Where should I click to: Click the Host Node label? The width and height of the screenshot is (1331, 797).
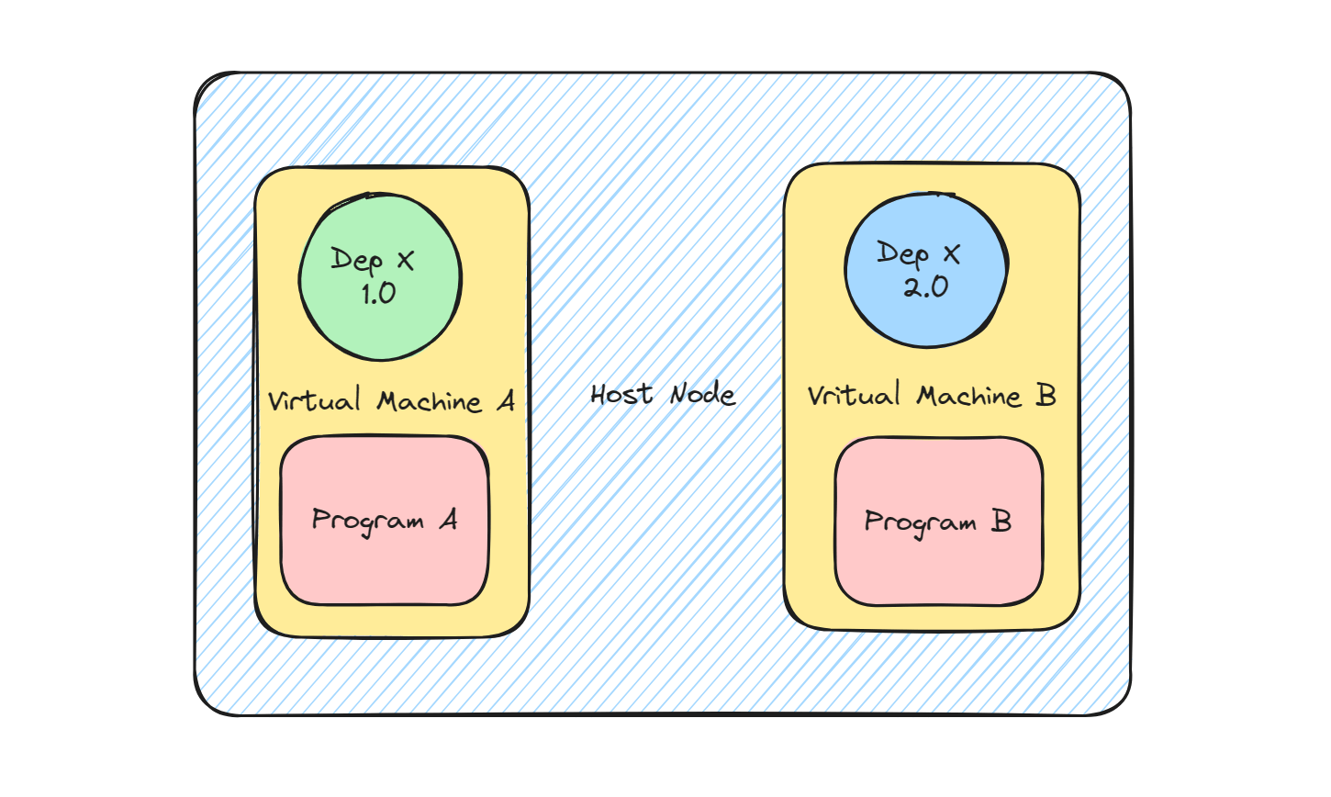point(663,395)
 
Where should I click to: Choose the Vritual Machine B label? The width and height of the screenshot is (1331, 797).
point(932,396)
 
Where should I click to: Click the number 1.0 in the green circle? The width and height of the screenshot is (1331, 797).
point(378,294)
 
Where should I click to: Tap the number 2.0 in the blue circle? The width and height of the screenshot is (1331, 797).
point(925,287)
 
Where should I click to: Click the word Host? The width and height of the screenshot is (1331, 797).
point(621,395)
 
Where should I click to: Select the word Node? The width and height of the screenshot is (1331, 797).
point(703,395)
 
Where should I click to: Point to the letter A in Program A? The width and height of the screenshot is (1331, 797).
point(448,520)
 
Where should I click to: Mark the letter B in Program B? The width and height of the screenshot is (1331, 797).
point(1001,522)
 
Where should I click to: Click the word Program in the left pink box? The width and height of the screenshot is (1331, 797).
point(367,522)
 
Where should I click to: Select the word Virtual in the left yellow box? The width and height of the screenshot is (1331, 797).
point(315,401)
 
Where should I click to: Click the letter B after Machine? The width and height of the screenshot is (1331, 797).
point(1046,395)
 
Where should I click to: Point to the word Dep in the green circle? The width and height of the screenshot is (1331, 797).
point(356,261)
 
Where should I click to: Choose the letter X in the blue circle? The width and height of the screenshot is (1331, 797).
point(951,254)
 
